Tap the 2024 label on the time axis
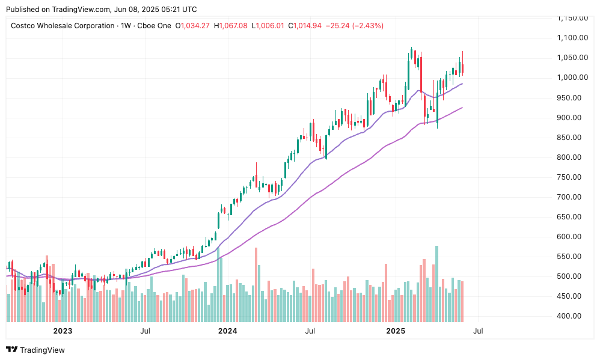pos(227,331)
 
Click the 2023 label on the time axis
pos(63,331)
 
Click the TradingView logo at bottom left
pos(35,350)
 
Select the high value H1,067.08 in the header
pos(230,26)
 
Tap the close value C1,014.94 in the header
pos(305,26)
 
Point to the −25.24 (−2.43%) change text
pos(354,26)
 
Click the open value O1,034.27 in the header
pos(192,26)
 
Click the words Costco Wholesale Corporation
pos(63,26)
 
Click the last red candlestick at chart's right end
pos(462,69)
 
